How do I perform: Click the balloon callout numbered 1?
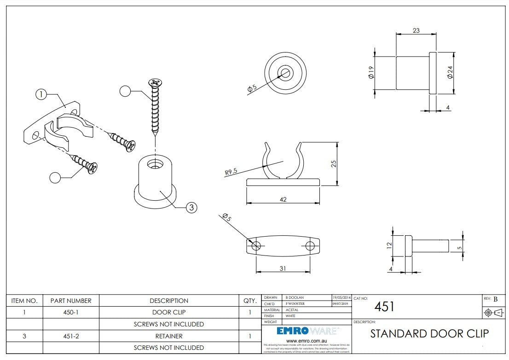41,94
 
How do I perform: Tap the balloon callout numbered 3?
191,208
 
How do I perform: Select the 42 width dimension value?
283,199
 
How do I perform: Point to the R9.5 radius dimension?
231,172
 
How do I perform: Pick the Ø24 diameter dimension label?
450,72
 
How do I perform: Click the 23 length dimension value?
416,31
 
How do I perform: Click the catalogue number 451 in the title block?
384,307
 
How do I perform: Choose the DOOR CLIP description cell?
168,312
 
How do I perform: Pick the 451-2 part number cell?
70,336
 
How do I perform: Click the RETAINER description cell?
168,336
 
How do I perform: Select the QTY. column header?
250,301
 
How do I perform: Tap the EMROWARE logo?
307,331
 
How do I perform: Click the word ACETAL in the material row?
292,310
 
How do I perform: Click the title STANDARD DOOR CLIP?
429,333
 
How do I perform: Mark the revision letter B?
496,299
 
